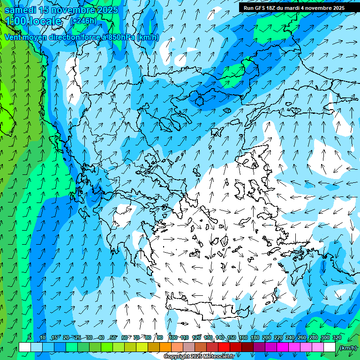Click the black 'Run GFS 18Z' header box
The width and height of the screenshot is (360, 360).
(x=294, y=7)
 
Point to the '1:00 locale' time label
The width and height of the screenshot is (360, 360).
(x=33, y=21)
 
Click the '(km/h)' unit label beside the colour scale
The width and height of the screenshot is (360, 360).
(x=348, y=348)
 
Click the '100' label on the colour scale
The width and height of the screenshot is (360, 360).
(x=173, y=337)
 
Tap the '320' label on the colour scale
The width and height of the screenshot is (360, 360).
(x=337, y=337)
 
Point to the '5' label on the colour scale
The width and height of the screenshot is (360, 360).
(x=30, y=337)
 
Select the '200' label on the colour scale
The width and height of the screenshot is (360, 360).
(x=267, y=337)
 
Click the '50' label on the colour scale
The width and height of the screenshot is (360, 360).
(x=113, y=337)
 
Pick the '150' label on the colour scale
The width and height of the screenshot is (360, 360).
(x=232, y=337)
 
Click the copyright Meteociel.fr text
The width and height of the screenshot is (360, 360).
(x=199, y=357)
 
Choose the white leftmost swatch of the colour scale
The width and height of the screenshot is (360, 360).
(x=25, y=347)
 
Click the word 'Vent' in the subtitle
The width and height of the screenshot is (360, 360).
(x=13, y=37)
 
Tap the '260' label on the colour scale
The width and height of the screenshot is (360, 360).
(x=302, y=337)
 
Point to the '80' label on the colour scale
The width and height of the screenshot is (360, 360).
(x=148, y=337)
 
